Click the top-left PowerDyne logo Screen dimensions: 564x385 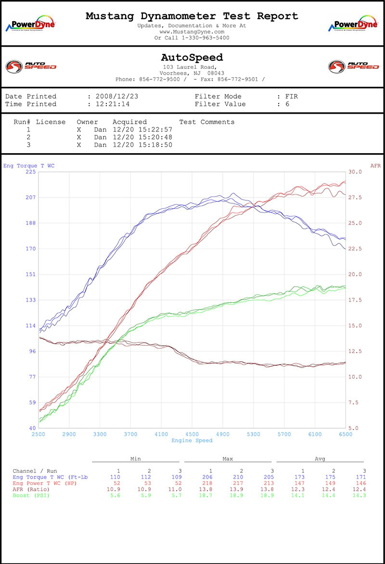[x=30, y=25]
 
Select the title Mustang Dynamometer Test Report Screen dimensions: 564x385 [x=192, y=16]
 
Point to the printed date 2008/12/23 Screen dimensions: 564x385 [x=117, y=96]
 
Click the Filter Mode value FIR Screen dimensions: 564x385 [x=291, y=96]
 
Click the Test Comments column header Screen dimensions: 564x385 [x=206, y=122]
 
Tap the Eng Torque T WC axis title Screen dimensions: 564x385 [x=29, y=166]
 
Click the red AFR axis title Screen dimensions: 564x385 [x=375, y=166]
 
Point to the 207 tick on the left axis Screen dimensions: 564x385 [x=30, y=197]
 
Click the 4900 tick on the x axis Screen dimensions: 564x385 [x=223, y=434]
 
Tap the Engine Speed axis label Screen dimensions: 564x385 [x=192, y=440]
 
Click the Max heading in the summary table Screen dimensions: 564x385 [x=228, y=459]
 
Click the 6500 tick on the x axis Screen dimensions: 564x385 [x=346, y=434]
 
